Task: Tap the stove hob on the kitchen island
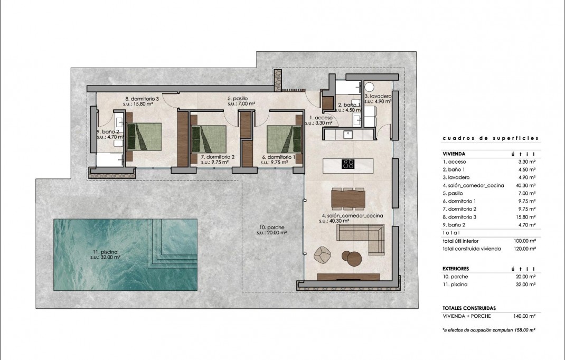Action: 347,164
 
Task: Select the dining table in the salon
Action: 348,198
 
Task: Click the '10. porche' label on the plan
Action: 271,227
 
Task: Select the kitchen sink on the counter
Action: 349,134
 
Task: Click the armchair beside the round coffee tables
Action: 321,255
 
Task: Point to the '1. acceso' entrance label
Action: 321,118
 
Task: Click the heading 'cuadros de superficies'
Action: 490,138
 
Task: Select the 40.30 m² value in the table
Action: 525,185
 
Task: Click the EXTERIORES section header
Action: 455,268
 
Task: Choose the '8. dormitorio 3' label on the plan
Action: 142,99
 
